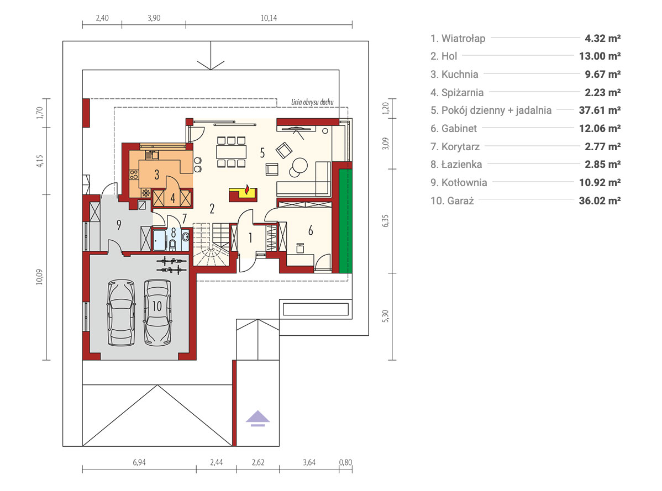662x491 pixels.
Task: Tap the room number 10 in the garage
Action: (x=157, y=306)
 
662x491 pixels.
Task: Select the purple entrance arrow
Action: (x=258, y=419)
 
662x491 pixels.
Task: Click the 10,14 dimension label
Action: (x=269, y=18)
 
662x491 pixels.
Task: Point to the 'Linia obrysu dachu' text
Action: (x=312, y=102)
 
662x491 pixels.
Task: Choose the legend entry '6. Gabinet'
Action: (x=454, y=128)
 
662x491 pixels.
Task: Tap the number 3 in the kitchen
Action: (x=156, y=175)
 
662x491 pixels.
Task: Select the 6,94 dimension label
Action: (x=139, y=462)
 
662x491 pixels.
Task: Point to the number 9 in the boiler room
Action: (x=119, y=225)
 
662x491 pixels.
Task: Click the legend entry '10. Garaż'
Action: (x=452, y=201)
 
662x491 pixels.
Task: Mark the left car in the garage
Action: (x=121, y=313)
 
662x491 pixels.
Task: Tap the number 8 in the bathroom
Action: (x=173, y=233)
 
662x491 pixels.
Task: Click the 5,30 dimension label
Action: (x=385, y=316)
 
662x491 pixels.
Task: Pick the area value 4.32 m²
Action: (x=602, y=39)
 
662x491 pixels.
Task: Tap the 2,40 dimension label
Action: (x=102, y=18)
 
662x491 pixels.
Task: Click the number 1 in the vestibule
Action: (x=250, y=238)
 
